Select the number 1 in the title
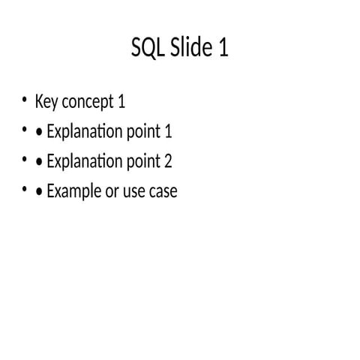223,49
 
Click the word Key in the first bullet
46,102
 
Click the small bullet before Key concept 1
25,100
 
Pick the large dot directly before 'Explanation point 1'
38,133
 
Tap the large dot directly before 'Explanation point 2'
38,163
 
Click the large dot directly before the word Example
38,192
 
